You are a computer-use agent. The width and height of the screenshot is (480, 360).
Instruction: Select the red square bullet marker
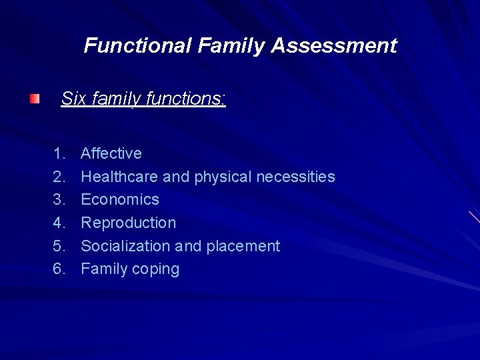pos(34,99)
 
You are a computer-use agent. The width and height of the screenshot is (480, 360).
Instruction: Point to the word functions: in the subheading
pos(186,99)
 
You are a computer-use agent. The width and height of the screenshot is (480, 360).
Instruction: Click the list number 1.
pos(59,154)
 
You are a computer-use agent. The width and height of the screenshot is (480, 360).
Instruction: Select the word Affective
pos(111,154)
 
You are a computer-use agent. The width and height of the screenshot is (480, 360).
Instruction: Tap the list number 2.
pos(59,177)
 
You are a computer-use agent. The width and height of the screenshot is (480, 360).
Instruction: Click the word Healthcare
pos(119,177)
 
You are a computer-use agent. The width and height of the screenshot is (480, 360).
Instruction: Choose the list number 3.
pos(59,200)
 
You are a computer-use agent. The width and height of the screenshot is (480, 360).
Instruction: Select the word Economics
pos(120,200)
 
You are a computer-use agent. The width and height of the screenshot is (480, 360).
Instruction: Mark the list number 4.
pos(59,223)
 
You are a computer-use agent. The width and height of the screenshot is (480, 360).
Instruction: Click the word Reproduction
pos(129,223)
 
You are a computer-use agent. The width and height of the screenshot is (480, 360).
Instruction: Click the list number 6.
pos(59,269)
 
